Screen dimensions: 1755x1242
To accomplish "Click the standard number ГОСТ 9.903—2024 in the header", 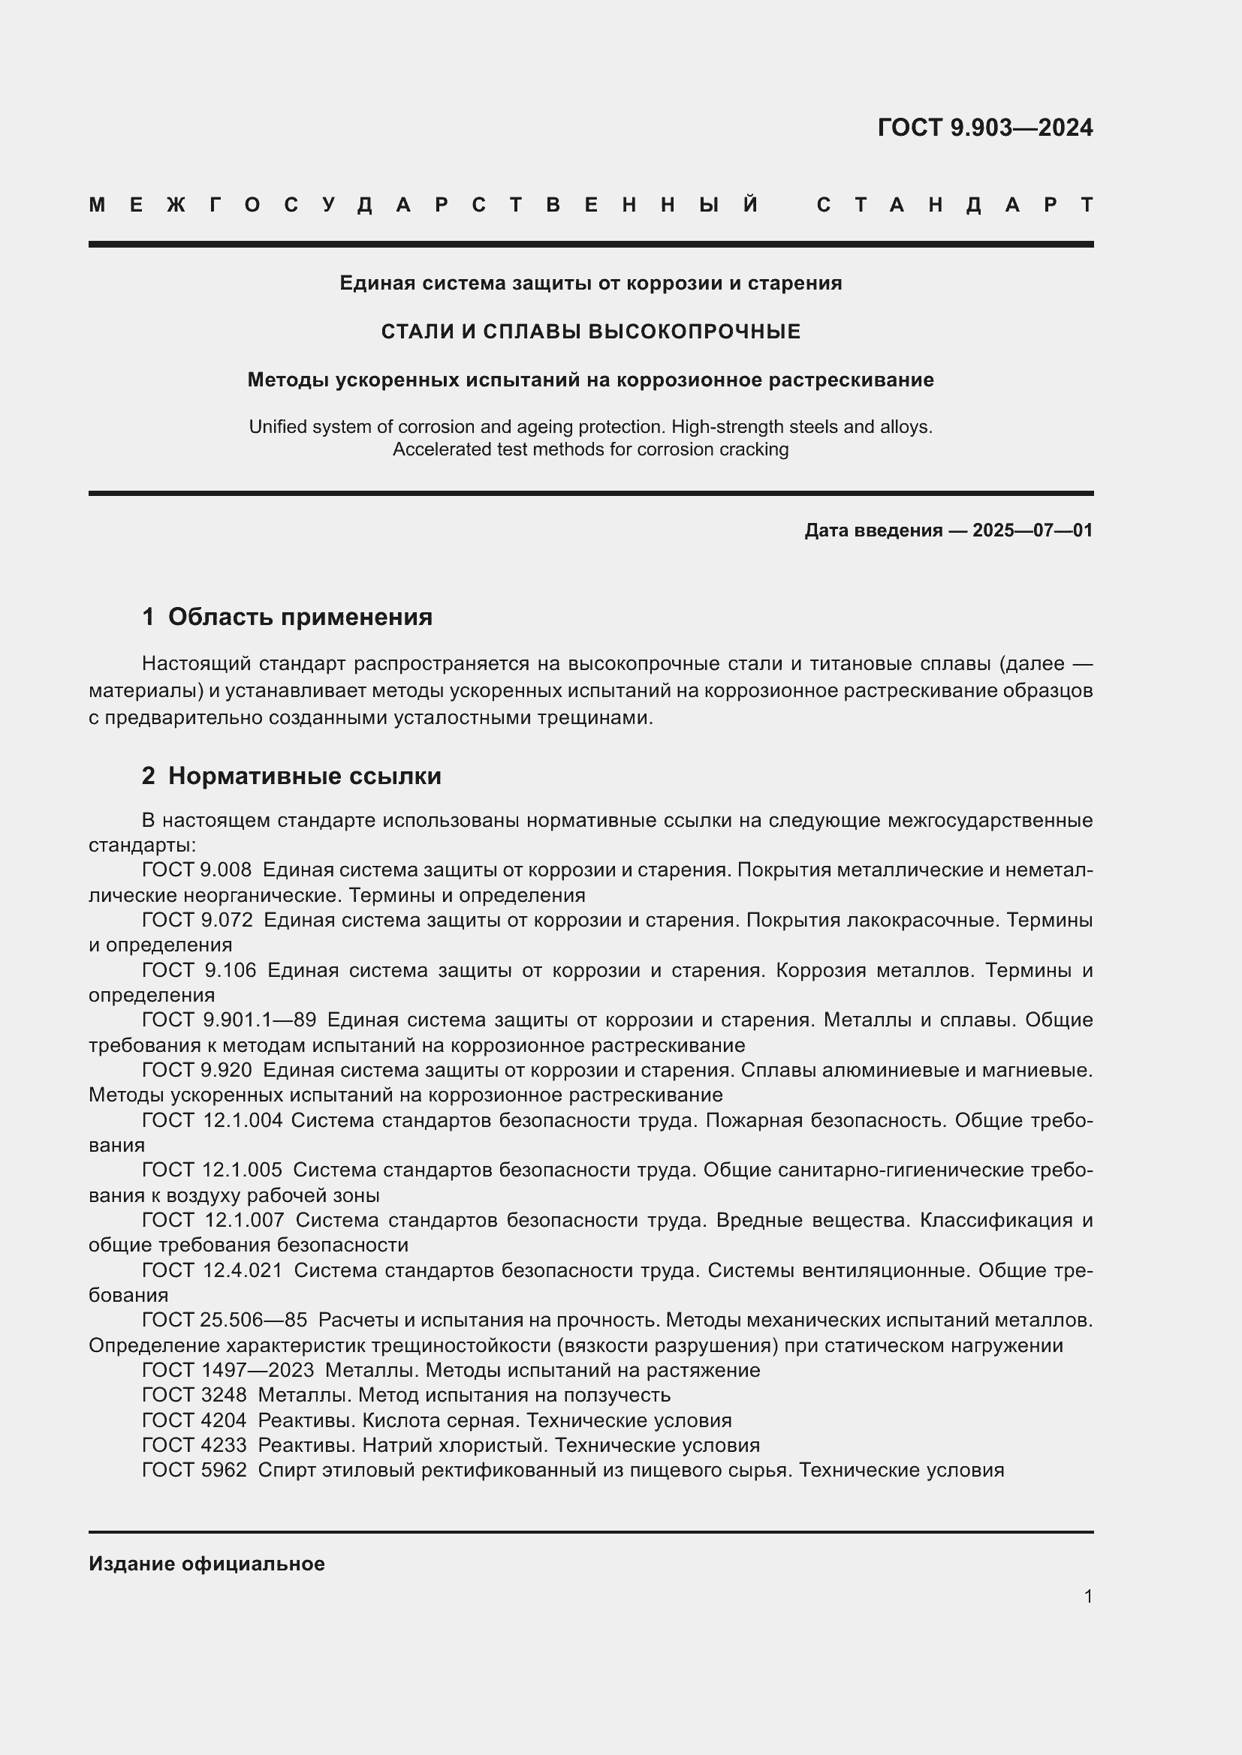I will (984, 128).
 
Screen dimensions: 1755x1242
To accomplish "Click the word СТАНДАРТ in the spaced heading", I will (954, 205).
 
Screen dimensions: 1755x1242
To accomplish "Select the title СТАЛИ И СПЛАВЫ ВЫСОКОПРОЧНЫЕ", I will (590, 332).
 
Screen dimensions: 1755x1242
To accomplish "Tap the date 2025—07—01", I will (1032, 530).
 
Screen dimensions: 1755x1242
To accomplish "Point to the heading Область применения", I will (300, 617).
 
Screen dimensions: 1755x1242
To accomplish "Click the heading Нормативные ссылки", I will (304, 776).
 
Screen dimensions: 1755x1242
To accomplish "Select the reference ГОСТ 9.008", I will (197, 870).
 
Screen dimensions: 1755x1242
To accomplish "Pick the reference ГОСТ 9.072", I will (197, 921).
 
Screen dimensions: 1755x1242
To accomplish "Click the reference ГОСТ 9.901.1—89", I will (229, 1020).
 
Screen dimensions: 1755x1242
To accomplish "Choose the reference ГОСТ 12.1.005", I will (212, 1170).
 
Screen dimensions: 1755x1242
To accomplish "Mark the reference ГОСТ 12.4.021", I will (212, 1270).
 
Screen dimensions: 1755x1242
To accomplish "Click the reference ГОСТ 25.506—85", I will (224, 1320).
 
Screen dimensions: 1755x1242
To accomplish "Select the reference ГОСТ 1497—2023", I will (227, 1370).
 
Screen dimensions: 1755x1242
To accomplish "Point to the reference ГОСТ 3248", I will (194, 1395).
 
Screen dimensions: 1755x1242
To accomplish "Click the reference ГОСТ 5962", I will (194, 1470).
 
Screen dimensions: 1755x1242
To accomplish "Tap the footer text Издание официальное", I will (206, 1564).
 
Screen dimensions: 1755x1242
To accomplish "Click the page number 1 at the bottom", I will (1087, 1597).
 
